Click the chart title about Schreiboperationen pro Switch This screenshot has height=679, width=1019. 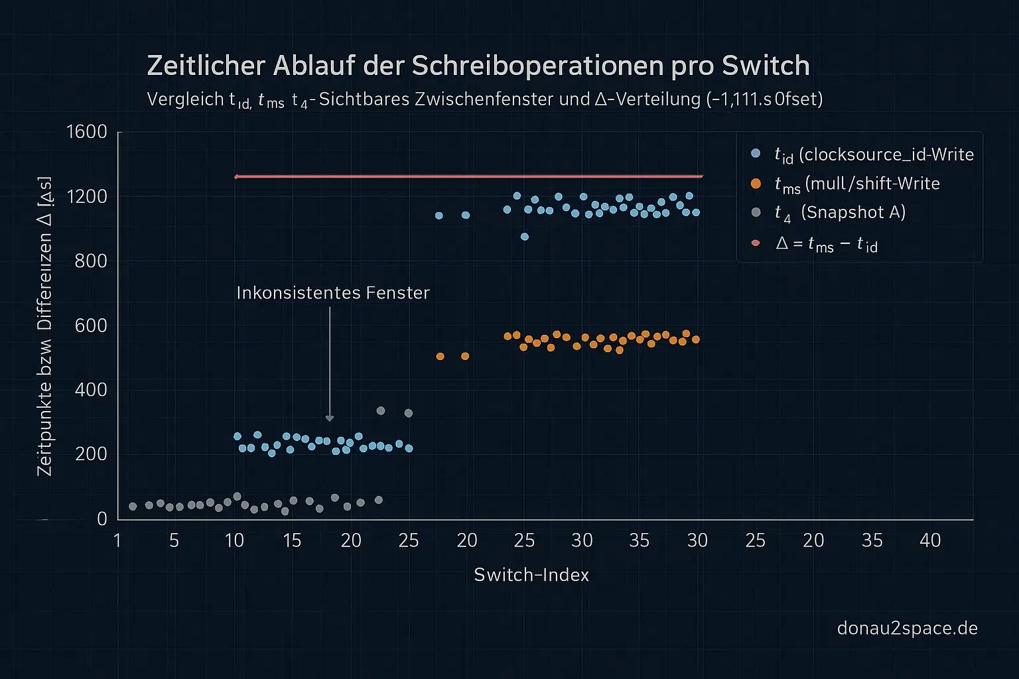pos(478,66)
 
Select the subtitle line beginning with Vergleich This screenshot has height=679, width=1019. pos(484,99)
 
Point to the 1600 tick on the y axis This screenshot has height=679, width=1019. pos(87,132)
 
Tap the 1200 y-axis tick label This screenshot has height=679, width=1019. pos(87,196)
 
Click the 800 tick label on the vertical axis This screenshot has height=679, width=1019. pos(91,261)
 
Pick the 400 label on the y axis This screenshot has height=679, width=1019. pos(91,389)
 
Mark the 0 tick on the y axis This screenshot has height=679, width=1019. pos(102,519)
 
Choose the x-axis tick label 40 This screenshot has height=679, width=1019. pos(930,540)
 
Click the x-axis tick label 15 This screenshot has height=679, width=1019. pos(292,540)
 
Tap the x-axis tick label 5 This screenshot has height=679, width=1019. pos(174,540)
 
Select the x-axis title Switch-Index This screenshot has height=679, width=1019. pos(531,574)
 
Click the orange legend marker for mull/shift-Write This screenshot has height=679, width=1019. pos(756,183)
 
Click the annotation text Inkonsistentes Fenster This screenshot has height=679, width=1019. pos(333,292)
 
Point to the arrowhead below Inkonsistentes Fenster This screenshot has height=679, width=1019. pos(330,418)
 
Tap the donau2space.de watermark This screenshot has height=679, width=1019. pos(907,628)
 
